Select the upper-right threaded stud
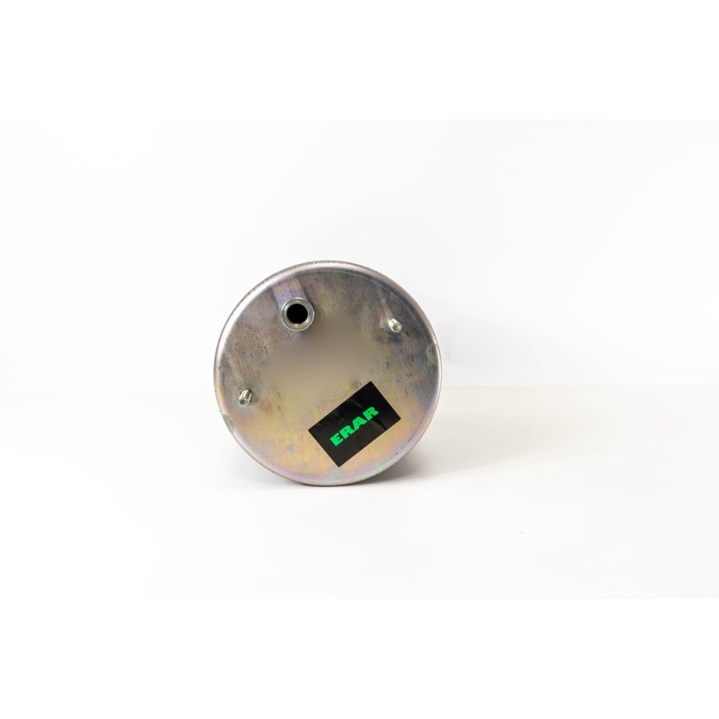point(395,326)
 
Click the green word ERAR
point(354,426)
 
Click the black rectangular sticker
point(354,425)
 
